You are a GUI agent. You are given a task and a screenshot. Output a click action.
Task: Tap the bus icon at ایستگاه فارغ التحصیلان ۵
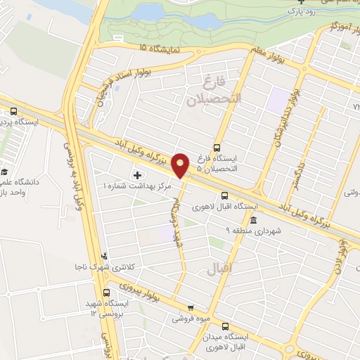pos(217,148)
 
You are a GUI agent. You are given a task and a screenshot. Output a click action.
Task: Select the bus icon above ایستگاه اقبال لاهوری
pos(225,195)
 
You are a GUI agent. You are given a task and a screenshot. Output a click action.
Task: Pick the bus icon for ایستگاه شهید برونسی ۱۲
pos(107,292)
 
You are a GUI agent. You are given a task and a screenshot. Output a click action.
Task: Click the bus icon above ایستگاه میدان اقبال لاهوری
pos(226,326)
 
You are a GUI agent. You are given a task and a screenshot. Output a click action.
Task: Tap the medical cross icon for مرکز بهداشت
pos(136,174)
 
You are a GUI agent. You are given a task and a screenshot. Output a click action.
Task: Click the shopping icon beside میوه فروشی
pos(190,307)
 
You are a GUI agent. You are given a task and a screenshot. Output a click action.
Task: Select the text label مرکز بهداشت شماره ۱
pos(134,186)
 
